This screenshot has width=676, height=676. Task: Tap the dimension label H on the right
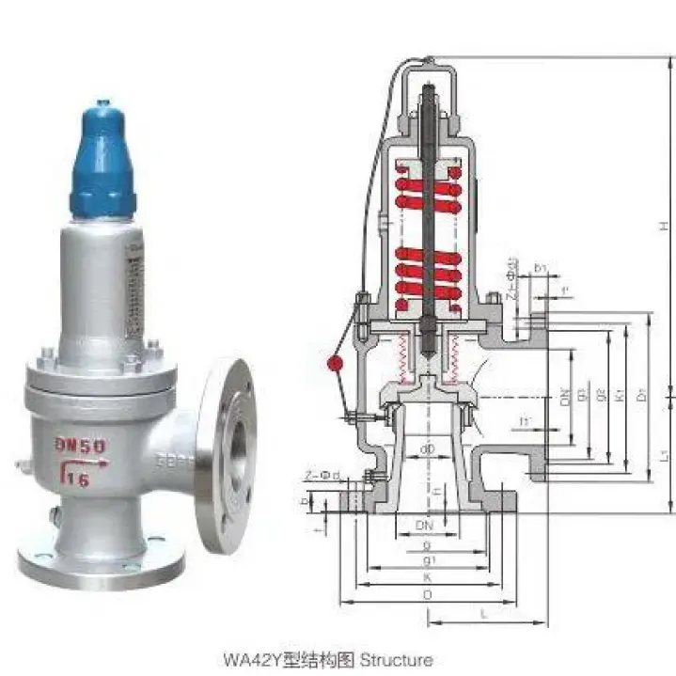tap(663, 226)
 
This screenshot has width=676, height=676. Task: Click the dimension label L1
tap(664, 457)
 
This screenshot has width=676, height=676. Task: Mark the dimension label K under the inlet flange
tap(428, 576)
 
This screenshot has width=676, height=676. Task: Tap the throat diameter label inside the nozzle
tap(428, 449)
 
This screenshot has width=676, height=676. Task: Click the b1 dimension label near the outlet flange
tap(541, 269)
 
